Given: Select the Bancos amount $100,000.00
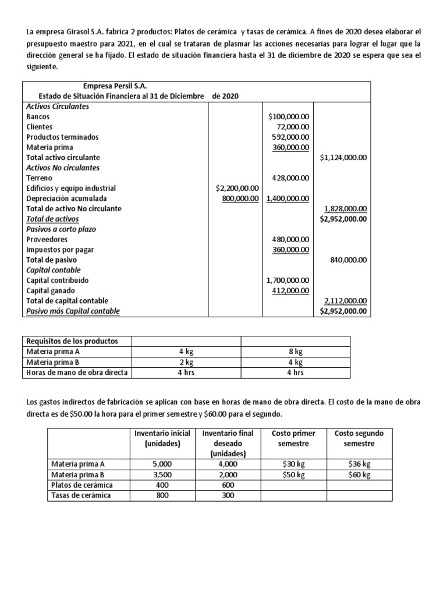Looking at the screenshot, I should click(289, 116).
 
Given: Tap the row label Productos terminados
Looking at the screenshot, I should click(62, 137).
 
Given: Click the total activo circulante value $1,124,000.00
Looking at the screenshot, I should click(343, 157).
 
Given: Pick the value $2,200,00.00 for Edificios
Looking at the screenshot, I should click(237, 188).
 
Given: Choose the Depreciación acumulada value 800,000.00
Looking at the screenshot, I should click(241, 198).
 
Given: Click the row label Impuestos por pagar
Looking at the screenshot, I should click(60, 250).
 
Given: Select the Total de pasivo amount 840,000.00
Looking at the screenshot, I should click(348, 260).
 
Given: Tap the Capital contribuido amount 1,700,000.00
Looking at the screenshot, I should click(288, 281).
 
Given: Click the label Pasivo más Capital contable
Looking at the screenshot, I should click(73, 311).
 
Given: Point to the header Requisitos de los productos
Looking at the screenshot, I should click(72, 341).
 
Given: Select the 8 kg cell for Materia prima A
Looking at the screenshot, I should click(295, 352).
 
